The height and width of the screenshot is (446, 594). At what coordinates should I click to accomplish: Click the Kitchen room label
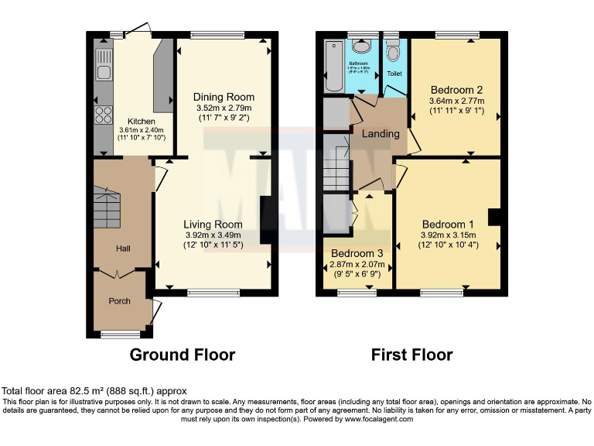pos(142,122)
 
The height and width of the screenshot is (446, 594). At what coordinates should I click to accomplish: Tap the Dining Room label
pos(224,97)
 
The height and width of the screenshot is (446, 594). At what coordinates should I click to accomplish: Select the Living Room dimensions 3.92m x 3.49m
pos(224,235)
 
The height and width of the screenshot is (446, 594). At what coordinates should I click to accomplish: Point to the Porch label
pos(119,300)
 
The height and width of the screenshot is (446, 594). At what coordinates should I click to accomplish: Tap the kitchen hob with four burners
pos(102,115)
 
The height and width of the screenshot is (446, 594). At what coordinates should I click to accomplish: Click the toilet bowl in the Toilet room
pos(394,53)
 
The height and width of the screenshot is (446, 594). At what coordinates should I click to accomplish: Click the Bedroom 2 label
pos(456,89)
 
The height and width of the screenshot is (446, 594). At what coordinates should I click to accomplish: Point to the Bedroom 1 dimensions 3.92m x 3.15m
pos(448,235)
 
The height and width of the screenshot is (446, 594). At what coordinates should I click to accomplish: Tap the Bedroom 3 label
pos(357,253)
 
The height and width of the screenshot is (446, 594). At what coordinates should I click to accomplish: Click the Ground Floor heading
pos(182,355)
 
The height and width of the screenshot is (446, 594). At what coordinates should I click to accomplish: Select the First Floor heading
pos(411,355)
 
